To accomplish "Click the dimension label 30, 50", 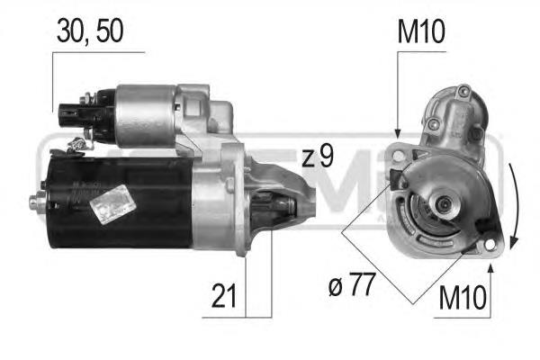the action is pyautogui.click(x=90, y=31).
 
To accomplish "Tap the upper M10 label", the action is pyautogui.click(x=421, y=31).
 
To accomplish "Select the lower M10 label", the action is pyautogui.click(x=463, y=297).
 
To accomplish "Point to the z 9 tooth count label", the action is pyautogui.click(x=318, y=156).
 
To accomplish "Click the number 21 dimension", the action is pyautogui.click(x=224, y=295).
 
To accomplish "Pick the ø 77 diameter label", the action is pyautogui.click(x=351, y=284).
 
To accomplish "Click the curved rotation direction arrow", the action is pyautogui.click(x=513, y=206).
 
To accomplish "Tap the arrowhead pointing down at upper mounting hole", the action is pyautogui.click(x=398, y=134).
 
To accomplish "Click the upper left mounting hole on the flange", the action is pyautogui.click(x=399, y=156).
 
